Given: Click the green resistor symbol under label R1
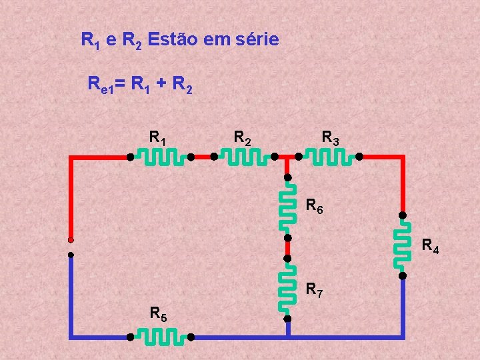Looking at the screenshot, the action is click(x=160, y=158).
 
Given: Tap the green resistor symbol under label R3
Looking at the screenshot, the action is click(x=329, y=158).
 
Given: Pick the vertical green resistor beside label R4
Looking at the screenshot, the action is click(x=403, y=245).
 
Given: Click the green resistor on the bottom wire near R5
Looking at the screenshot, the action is click(x=160, y=337).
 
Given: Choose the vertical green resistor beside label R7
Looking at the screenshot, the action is click(x=288, y=288).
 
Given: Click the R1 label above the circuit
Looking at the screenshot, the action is click(x=158, y=139).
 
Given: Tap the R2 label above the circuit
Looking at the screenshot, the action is click(x=243, y=139).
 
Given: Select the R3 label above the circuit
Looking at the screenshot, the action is click(x=331, y=139).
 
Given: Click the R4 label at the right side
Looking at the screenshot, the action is click(x=430, y=248).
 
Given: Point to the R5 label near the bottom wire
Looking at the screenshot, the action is click(x=159, y=313).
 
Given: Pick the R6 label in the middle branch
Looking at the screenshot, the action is click(x=315, y=207).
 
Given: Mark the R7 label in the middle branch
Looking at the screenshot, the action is click(x=315, y=290).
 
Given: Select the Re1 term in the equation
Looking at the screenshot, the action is click(x=101, y=85).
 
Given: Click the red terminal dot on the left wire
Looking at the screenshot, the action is click(x=70, y=240).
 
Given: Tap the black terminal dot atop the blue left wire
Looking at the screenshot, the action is click(x=70, y=254).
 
